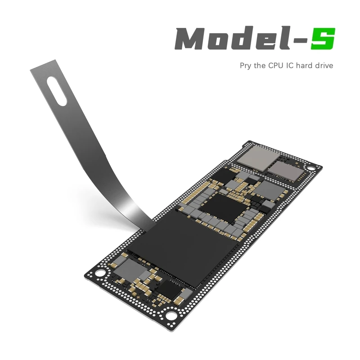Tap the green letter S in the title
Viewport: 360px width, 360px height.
pos(323,39)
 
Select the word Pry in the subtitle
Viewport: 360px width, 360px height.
pos(246,66)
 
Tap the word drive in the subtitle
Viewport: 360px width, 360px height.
pos(324,66)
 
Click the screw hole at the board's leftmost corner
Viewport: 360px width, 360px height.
pos(102,273)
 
